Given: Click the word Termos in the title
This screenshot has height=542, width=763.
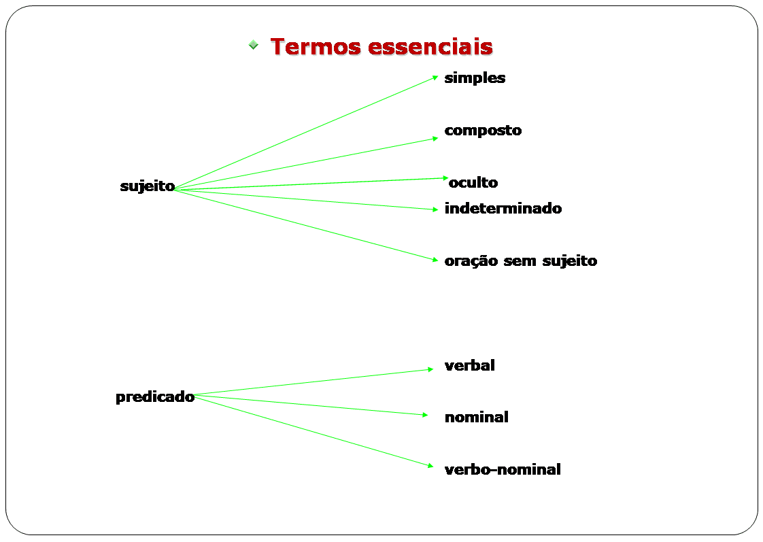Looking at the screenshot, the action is (316, 47).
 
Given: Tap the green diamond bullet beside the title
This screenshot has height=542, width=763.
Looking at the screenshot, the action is (253, 46).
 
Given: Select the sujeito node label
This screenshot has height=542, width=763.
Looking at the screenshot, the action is (148, 186).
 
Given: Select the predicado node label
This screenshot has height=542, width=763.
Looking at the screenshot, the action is (155, 397).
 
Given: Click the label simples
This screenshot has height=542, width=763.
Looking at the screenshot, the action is (475, 78).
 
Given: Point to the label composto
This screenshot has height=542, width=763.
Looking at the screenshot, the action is (483, 131).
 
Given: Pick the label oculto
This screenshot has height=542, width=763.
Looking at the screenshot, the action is (473, 183).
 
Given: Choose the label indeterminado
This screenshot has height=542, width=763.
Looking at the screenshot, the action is (503, 209).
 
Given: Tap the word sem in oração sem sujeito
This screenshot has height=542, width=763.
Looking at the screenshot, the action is (520, 261).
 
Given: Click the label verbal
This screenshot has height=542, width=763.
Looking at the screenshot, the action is (469, 366).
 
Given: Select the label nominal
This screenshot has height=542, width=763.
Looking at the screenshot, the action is (476, 418).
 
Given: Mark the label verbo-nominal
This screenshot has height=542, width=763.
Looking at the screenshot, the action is (503, 470).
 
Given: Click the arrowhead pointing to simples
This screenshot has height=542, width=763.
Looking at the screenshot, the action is (435, 78).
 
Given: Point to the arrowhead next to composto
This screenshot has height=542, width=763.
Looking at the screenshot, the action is (435, 138).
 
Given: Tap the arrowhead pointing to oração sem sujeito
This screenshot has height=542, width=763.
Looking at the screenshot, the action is (435, 259).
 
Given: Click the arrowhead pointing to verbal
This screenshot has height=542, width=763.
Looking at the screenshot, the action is (430, 370).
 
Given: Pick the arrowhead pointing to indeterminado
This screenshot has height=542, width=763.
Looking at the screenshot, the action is (435, 209).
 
